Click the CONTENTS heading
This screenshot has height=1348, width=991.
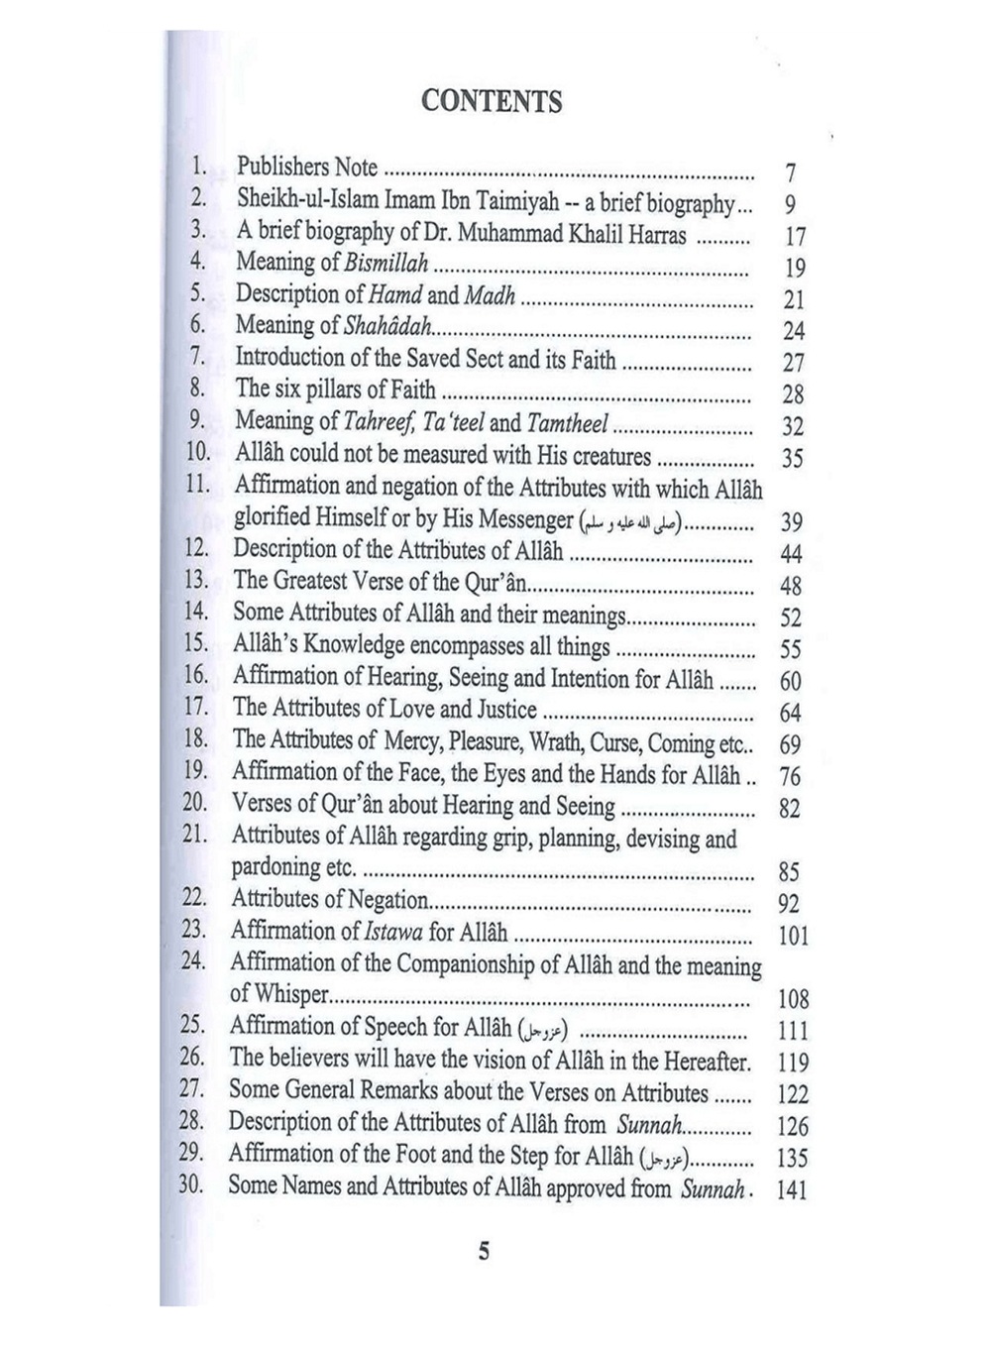492,101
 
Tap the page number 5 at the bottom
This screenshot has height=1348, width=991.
485,1251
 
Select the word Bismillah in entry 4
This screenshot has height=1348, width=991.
386,263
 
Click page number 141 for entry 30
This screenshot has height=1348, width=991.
792,1189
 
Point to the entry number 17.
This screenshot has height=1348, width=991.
195,709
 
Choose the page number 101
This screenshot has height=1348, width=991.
793,935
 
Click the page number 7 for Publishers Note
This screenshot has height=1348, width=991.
791,174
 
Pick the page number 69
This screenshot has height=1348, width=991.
790,744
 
